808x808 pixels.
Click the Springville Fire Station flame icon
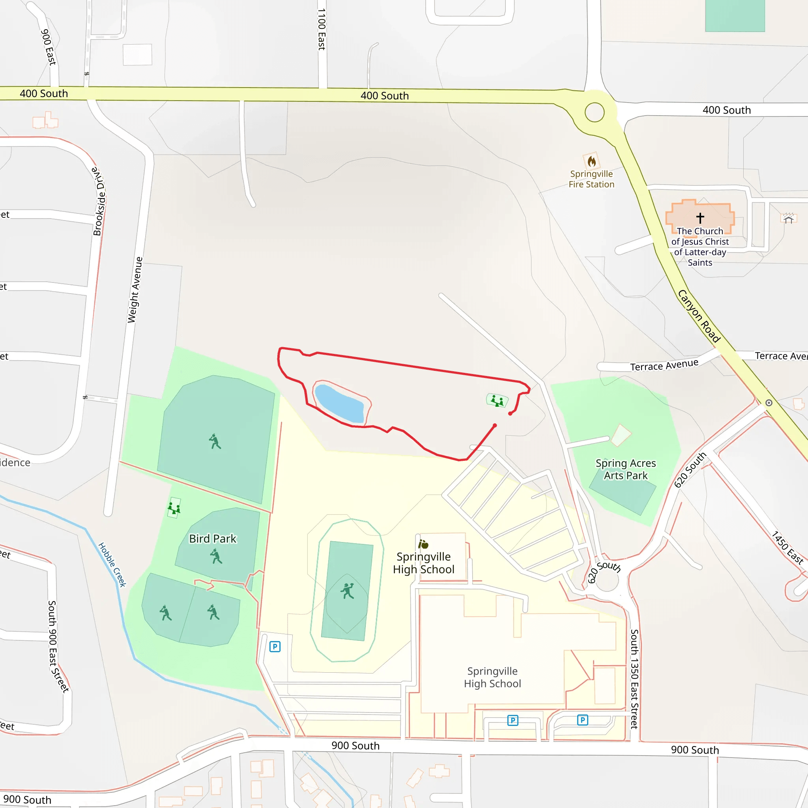click(591, 161)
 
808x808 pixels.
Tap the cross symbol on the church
click(700, 217)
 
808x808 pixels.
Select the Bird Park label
click(213, 539)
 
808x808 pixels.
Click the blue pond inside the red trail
click(339, 404)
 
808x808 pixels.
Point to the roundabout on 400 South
click(594, 112)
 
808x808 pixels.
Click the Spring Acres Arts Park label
click(626, 469)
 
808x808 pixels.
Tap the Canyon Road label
click(699, 316)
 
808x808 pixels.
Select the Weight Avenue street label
click(135, 290)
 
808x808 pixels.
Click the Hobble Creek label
click(112, 565)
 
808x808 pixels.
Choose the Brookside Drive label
click(99, 202)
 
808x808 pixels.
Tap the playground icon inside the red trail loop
click(497, 401)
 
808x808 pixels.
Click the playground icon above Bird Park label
click(174, 508)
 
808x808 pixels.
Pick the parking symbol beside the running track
click(275, 647)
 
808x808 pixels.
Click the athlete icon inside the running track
click(347, 591)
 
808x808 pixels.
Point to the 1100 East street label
click(321, 29)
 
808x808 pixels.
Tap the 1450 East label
click(787, 548)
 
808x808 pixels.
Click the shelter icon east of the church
click(788, 218)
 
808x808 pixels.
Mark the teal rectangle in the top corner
click(735, 15)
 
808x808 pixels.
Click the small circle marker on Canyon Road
click(769, 403)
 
